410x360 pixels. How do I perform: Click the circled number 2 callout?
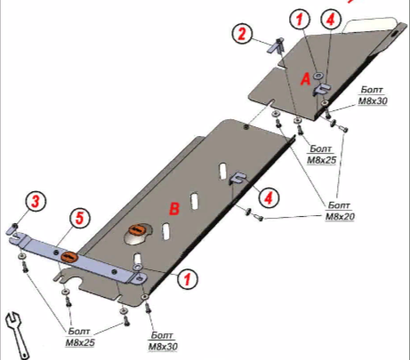[x=242, y=34]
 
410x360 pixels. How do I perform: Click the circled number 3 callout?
[x=36, y=202]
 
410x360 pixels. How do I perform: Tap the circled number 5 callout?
[x=80, y=220]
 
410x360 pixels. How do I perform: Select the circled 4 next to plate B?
[x=269, y=197]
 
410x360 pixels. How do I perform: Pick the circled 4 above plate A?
[x=331, y=20]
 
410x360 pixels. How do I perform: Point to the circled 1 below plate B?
[x=187, y=279]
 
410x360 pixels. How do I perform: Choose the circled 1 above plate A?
[x=300, y=20]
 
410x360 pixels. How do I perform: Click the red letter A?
[x=305, y=80]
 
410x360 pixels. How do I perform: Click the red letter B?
[x=174, y=208]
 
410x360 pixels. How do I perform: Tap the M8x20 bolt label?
[x=340, y=211]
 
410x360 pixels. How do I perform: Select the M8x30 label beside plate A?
[x=373, y=95]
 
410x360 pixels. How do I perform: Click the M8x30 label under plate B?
[x=163, y=341]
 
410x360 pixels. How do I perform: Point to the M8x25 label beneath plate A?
[x=321, y=155]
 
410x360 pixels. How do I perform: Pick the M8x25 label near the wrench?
[x=80, y=337]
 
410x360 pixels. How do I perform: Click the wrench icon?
[x=18, y=335]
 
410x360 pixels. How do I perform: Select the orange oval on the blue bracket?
[x=69, y=257]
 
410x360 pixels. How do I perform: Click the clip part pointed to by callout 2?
[x=277, y=46]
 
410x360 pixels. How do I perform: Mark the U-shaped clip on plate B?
[x=237, y=179]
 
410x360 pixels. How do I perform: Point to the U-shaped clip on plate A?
[x=321, y=89]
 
